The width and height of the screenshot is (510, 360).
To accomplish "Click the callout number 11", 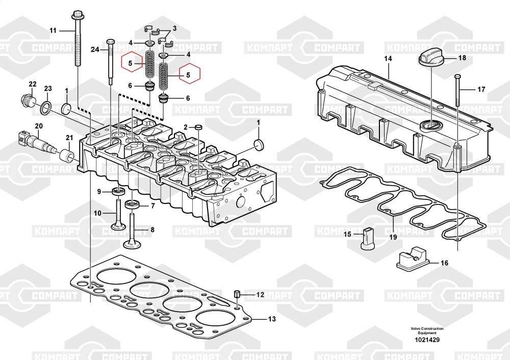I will coord(53,31).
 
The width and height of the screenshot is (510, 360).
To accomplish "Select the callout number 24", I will coord(95,49).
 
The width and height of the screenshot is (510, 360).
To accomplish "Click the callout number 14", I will coord(388,59).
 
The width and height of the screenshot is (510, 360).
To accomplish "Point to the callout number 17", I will coord(481,90).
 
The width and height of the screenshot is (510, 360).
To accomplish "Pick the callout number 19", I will coord(393,237).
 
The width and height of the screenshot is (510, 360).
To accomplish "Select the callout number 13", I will coord(271,320).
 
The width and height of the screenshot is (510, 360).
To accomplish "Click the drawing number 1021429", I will coord(427,340).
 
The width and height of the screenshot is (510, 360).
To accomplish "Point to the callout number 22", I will coord(33,84).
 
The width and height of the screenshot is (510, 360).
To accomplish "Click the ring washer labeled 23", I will coord(45,106).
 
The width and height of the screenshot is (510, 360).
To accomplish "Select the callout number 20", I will coord(39,126).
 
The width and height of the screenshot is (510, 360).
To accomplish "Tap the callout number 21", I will coord(70,138).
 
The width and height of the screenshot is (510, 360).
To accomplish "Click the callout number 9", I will coord(99,192).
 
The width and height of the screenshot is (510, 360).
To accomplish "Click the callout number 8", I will coord(151,230).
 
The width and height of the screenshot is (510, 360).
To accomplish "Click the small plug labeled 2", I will coord(198,126).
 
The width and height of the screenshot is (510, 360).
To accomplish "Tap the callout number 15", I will coord(347,234).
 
